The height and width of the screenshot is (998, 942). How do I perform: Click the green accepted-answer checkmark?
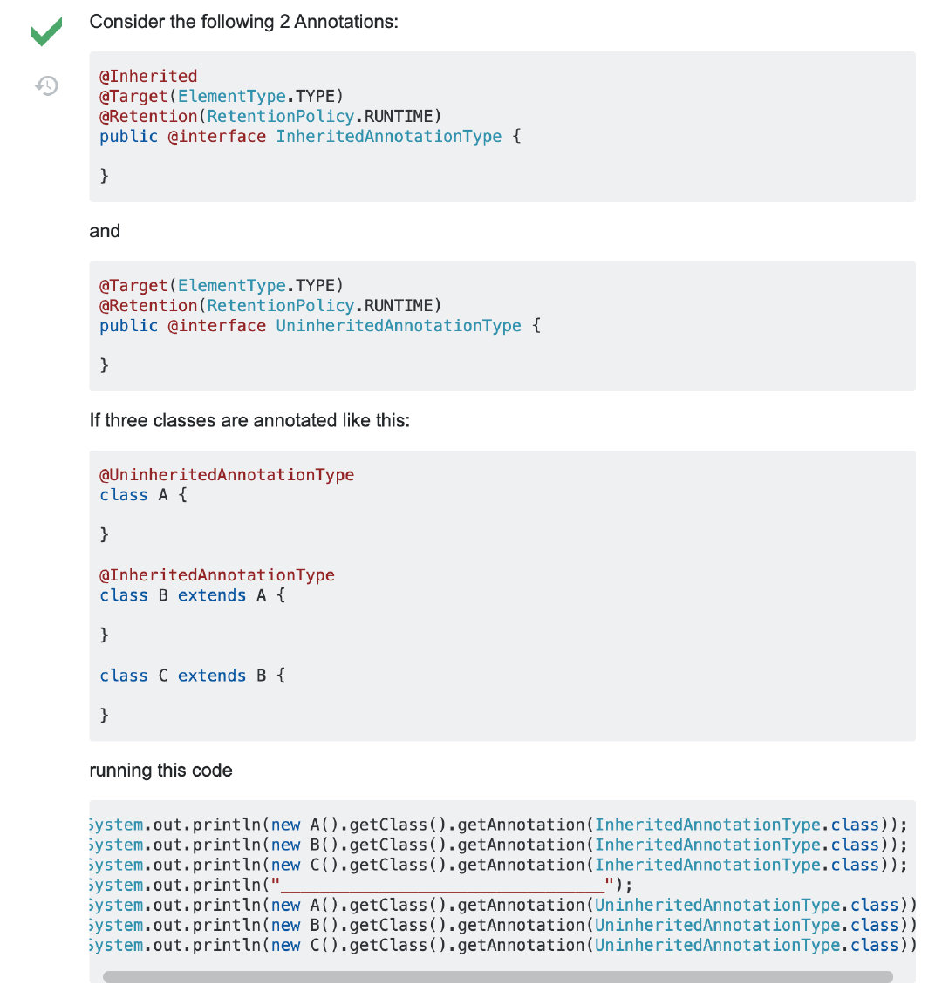tap(46, 32)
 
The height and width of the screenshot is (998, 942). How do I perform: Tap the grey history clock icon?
tap(46, 85)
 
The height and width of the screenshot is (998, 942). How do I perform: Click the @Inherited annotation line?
tap(148, 76)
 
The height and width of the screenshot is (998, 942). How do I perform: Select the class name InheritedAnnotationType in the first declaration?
tap(388, 136)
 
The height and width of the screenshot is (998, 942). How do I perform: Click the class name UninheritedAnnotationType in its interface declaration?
tap(398, 325)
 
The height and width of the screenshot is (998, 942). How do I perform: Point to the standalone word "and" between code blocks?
tap(105, 231)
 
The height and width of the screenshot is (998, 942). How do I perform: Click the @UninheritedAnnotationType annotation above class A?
tap(227, 474)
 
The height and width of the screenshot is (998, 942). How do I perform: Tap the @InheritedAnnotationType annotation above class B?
tap(217, 574)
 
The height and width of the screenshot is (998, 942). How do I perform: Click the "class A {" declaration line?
tap(143, 495)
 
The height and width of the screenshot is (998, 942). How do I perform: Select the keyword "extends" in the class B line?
tap(212, 595)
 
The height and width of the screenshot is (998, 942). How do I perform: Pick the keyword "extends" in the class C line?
tap(212, 676)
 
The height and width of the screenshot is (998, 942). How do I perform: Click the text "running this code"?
tap(160, 771)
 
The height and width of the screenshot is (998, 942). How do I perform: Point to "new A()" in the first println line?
tap(305, 825)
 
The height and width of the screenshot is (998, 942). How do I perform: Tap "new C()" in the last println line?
tap(305, 945)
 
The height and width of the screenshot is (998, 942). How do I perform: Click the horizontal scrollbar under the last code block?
tap(497, 977)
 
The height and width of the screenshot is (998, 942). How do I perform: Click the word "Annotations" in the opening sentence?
tap(345, 22)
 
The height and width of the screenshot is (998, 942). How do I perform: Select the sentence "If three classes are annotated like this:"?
tap(249, 420)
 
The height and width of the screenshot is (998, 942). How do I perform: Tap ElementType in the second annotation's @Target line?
tap(232, 285)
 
